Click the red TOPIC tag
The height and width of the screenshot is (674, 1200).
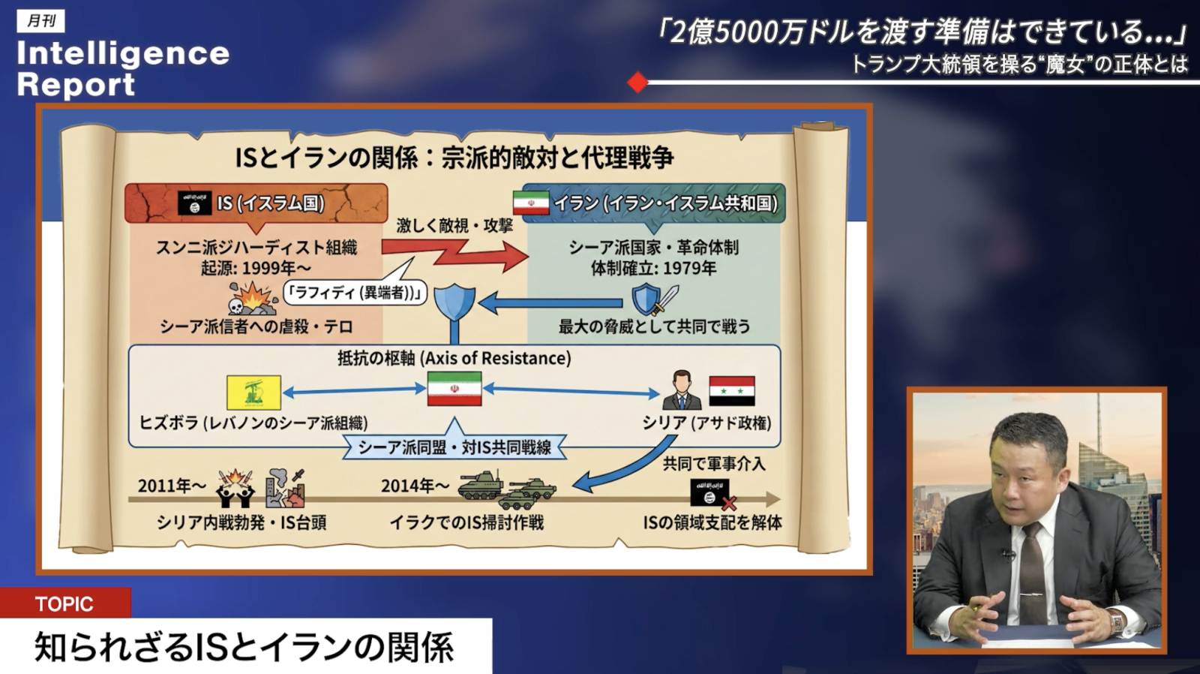[65, 603]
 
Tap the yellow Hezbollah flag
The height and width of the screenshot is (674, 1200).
[254, 393]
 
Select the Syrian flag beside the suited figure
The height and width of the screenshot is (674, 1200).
[732, 391]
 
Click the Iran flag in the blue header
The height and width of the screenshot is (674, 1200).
[531, 203]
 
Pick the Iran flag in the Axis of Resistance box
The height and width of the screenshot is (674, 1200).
[454, 389]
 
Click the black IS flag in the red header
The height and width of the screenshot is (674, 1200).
[194, 203]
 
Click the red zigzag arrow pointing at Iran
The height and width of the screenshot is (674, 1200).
[455, 252]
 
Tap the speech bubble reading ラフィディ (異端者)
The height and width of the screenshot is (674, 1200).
[355, 293]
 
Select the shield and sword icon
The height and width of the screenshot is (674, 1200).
[654, 299]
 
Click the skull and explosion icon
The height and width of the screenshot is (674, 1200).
[252, 298]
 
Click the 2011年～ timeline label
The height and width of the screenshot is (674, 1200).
[172, 486]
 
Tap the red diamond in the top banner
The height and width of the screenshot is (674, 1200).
[637, 83]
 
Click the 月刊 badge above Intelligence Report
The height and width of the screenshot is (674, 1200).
[40, 21]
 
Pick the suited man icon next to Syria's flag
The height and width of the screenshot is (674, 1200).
[682, 390]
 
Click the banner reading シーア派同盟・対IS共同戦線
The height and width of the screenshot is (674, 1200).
[454, 447]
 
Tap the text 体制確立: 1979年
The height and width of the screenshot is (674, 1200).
[653, 268]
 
